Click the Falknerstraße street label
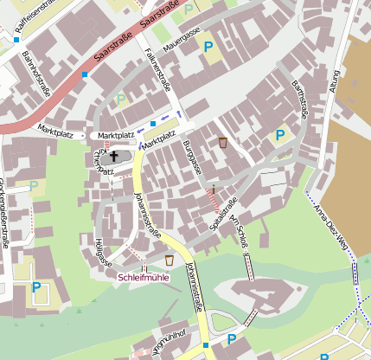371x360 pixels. tap(158, 73)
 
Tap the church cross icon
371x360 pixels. tap(114, 157)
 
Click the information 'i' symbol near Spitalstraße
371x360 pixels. tap(213, 188)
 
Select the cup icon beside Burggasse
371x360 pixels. tap(222, 142)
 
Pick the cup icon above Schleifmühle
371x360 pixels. tap(170, 260)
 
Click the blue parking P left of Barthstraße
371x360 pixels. tap(278, 135)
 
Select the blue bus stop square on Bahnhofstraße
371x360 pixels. tap(85, 75)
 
